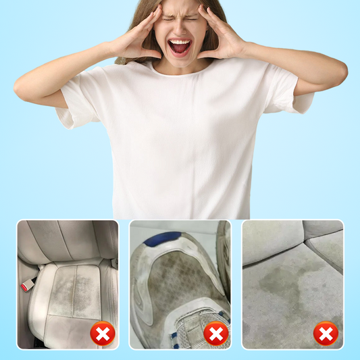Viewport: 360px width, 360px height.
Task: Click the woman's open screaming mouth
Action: (x=180, y=48)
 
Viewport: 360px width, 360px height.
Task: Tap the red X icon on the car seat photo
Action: (x=102, y=333)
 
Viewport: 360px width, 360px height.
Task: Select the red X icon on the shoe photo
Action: (x=215, y=333)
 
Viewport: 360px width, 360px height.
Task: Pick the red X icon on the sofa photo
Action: (x=326, y=333)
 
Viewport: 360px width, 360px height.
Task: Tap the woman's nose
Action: (x=180, y=31)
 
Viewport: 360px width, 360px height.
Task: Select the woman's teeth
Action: (x=180, y=43)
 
